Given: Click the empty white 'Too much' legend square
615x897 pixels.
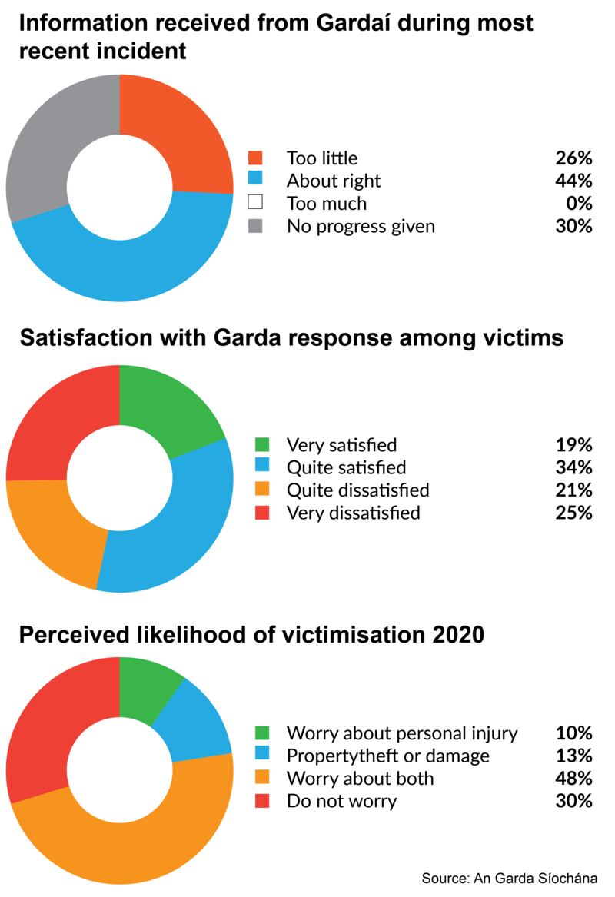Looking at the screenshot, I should point(256,204).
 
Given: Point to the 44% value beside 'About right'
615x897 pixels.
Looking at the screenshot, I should point(573,181).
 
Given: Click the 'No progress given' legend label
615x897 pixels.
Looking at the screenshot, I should point(361,226).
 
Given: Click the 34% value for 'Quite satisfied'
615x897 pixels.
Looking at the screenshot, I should point(573,467).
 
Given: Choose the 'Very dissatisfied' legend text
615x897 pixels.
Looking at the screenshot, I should point(353,513).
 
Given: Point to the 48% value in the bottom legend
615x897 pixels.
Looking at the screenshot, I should point(573,778).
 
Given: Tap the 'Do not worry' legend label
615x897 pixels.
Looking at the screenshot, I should point(341,801).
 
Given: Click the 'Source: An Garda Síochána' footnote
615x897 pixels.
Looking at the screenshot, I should point(509,878).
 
